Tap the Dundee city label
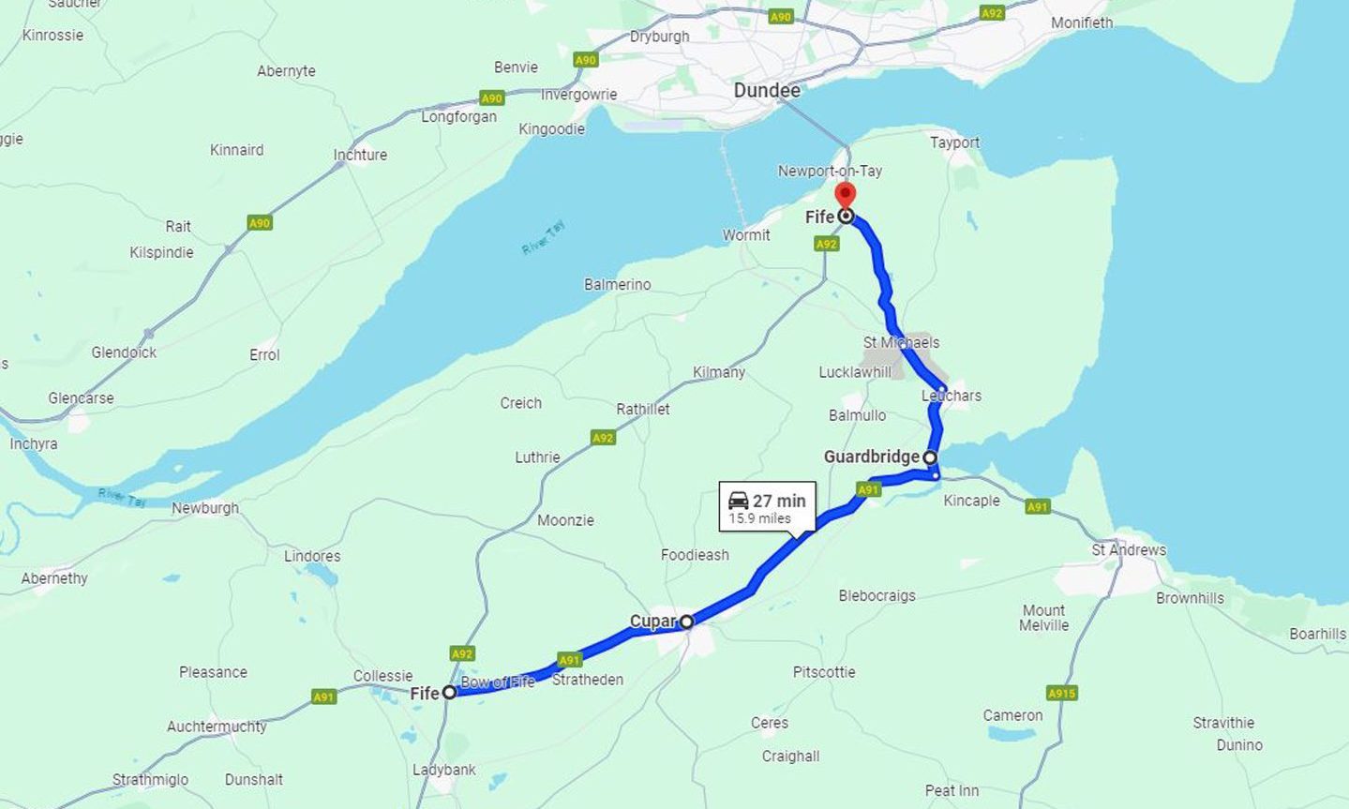tap(767, 91)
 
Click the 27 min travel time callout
tap(768, 507)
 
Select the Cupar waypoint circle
tap(686, 622)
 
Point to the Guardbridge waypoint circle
tap(930, 457)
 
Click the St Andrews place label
tap(1129, 550)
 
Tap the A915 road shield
tap(1061, 693)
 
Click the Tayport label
tap(954, 142)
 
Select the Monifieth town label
tap(1082, 22)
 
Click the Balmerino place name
tap(617, 284)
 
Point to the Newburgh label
tap(205, 508)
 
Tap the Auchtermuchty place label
tap(217, 727)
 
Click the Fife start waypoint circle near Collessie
tap(449, 692)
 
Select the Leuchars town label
tap(952, 396)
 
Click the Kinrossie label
tap(52, 36)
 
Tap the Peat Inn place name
tap(952, 790)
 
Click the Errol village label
tap(264, 354)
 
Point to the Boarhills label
tap(1317, 634)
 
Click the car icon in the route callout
tap(739, 501)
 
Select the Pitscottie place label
tap(824, 672)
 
